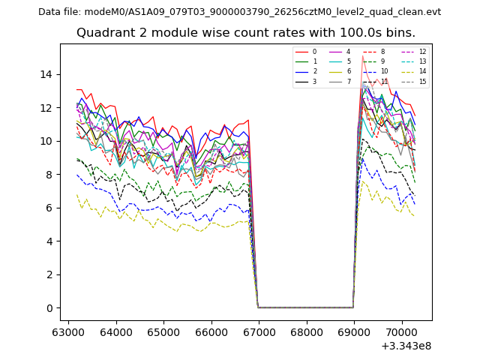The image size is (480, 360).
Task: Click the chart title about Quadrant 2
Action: (x=245, y=33)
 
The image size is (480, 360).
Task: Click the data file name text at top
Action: (x=239, y=12)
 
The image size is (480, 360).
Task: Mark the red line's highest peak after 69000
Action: (x=363, y=56)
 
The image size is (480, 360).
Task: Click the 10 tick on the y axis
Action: (x=49, y=141)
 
